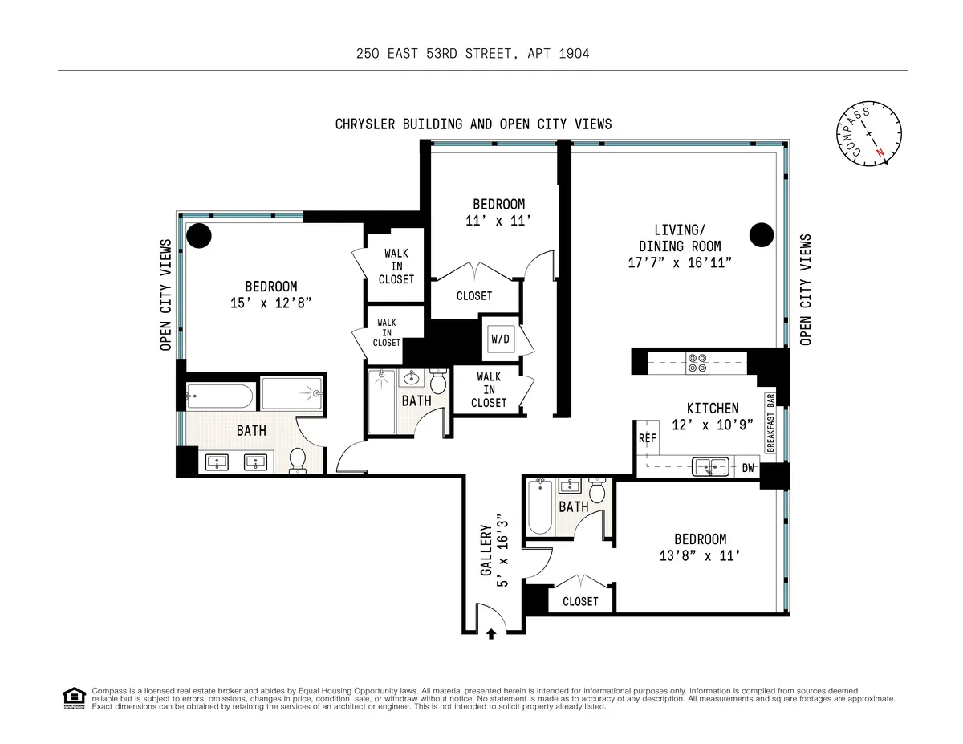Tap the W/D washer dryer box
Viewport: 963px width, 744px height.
pyautogui.click(x=500, y=339)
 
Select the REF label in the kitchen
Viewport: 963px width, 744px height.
pyautogui.click(x=647, y=438)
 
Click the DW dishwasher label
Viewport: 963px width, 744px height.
pyautogui.click(x=748, y=468)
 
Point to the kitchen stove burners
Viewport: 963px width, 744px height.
pyautogui.click(x=696, y=364)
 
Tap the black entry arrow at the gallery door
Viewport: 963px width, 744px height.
pyautogui.click(x=490, y=634)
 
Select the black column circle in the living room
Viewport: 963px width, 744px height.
pyautogui.click(x=761, y=235)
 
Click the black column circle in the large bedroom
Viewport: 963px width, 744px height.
pyautogui.click(x=199, y=236)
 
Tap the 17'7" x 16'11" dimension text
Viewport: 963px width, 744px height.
pyautogui.click(x=680, y=262)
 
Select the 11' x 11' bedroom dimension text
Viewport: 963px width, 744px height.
pyautogui.click(x=498, y=221)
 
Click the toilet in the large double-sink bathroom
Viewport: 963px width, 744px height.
pyautogui.click(x=298, y=460)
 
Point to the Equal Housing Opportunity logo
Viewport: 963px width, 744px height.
pyautogui.click(x=74, y=698)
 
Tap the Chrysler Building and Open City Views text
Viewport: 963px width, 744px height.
pyautogui.click(x=473, y=124)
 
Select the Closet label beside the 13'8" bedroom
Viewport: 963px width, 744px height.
pyautogui.click(x=580, y=601)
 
